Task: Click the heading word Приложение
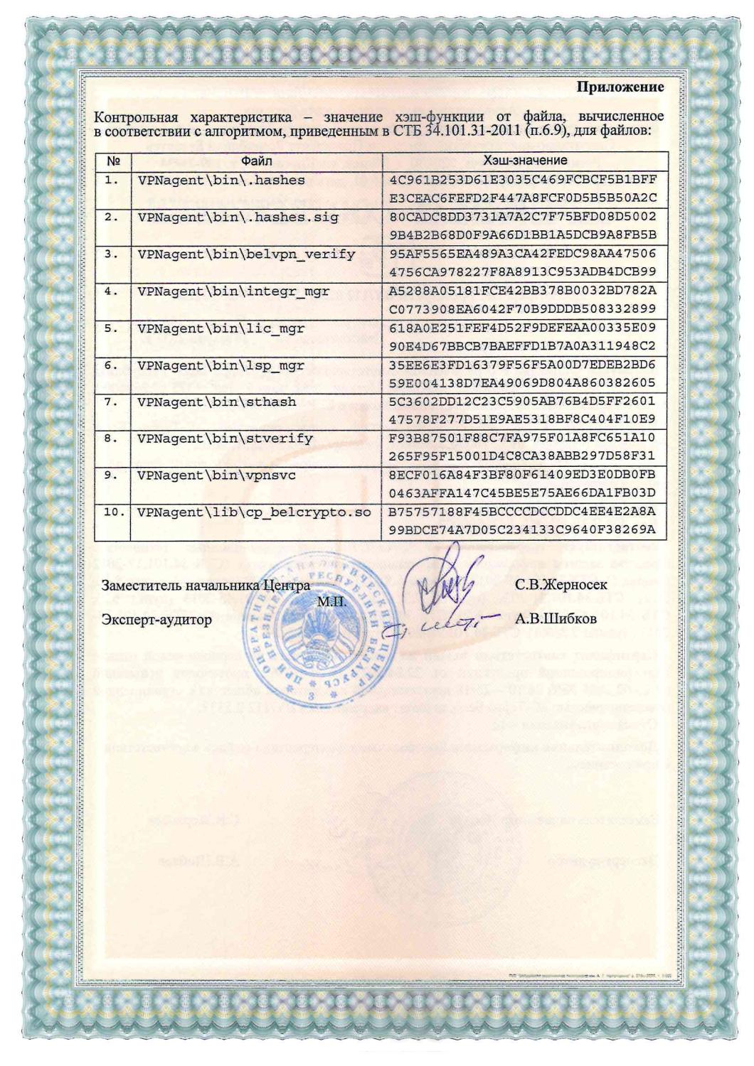click(620, 87)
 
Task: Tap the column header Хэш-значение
click(525, 161)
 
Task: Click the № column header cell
click(111, 161)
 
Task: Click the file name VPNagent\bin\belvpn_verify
click(246, 254)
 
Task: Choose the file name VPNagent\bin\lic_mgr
click(221, 328)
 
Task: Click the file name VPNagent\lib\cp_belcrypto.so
click(254, 512)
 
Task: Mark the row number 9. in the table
click(112, 475)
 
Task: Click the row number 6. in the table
click(112, 365)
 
